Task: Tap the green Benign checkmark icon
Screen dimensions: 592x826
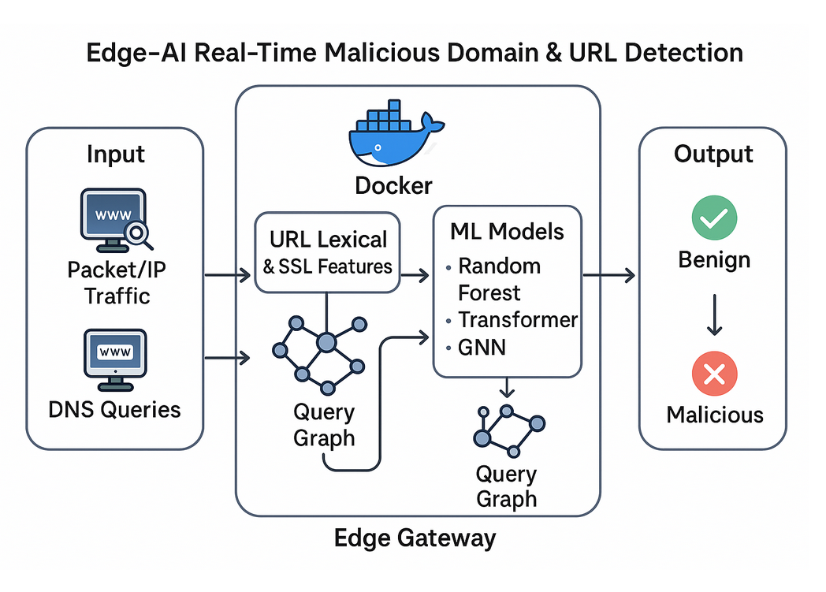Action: pos(714,218)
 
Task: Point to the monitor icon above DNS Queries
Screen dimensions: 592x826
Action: pos(113,359)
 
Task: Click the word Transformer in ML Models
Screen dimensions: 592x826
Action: pos(518,320)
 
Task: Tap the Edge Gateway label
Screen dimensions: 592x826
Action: pos(415,538)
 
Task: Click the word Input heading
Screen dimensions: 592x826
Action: pos(115,155)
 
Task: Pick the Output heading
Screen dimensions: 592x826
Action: pos(713,154)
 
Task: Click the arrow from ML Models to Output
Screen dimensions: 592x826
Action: pos(608,275)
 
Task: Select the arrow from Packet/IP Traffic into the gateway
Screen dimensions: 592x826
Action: pos(228,275)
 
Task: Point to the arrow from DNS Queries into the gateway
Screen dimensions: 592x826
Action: pos(228,359)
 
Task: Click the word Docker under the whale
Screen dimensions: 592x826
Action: pos(393,186)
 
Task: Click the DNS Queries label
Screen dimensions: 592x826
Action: pos(115,410)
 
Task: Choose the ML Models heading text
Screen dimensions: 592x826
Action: pos(507,232)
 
